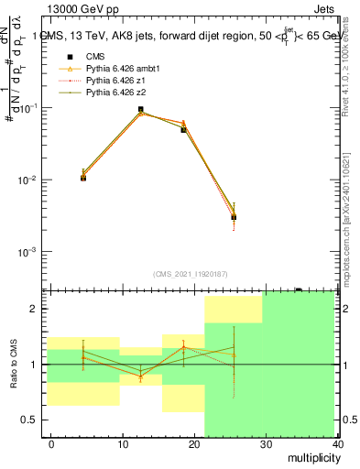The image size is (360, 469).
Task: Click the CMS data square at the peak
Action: pyautogui.click(x=140, y=110)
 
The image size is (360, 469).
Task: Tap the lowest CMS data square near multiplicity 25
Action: pyautogui.click(x=235, y=217)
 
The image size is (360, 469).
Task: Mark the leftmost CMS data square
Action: pyautogui.click(x=83, y=178)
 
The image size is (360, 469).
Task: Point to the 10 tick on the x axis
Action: pyautogui.click(x=122, y=443)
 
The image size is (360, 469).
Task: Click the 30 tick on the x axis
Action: pyautogui.click(x=266, y=443)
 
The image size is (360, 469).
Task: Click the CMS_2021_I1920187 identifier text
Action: pyautogui.click(x=190, y=273)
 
